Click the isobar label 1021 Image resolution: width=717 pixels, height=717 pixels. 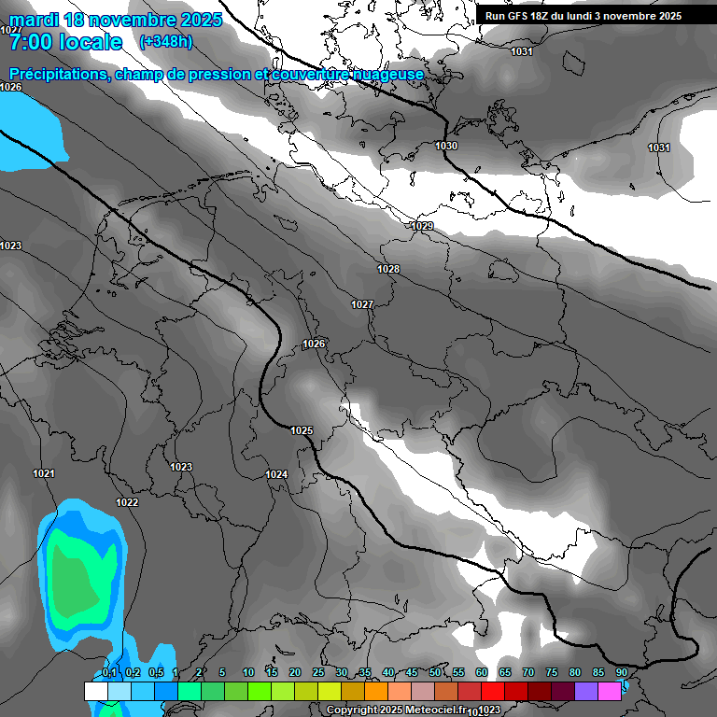(x=44, y=474)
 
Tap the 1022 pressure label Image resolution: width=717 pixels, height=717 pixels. (x=127, y=502)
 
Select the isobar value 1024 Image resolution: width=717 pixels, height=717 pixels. (x=276, y=474)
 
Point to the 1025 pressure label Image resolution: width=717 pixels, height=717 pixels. (x=302, y=430)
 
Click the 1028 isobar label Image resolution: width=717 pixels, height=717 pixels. (x=388, y=269)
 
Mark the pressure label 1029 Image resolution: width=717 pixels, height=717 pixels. (x=423, y=227)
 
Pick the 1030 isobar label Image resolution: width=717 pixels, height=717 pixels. (x=446, y=146)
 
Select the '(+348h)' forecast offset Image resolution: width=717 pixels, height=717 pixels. (x=166, y=42)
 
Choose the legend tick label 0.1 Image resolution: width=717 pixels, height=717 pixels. (x=109, y=672)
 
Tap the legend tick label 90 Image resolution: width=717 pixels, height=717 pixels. (x=621, y=672)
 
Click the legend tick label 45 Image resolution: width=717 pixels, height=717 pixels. (x=412, y=672)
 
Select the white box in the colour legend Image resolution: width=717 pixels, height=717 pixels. (x=95, y=691)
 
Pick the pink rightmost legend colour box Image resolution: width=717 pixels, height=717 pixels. (x=609, y=691)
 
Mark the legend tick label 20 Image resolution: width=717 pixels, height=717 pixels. (x=295, y=672)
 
